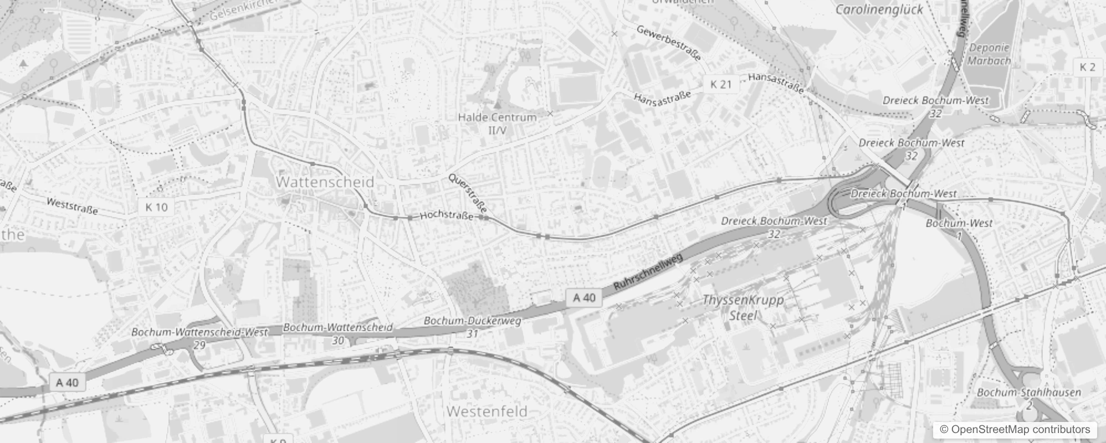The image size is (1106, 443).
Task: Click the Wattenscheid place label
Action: [325, 182]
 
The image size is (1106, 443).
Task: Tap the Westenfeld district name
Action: [487, 411]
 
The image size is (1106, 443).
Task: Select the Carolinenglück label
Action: [879, 9]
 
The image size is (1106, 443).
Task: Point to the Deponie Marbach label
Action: [989, 54]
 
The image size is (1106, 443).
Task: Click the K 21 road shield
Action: [721, 84]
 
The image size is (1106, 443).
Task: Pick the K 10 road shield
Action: [156, 207]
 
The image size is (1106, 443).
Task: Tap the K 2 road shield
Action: [1088, 67]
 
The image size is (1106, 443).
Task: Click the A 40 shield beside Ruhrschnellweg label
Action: [584, 298]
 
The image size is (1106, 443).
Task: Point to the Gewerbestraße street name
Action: [668, 42]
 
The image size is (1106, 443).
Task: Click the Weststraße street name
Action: [72, 206]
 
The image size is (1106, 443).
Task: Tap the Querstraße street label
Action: [468, 193]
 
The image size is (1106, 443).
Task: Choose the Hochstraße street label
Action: [447, 215]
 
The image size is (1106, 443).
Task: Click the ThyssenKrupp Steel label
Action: [743, 307]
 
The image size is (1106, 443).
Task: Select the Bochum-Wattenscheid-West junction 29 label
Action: [199, 338]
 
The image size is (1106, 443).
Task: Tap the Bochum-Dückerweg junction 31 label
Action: [472, 327]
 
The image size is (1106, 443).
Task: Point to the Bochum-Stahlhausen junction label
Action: [1028, 398]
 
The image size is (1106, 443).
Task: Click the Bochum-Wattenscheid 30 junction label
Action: [338, 333]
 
